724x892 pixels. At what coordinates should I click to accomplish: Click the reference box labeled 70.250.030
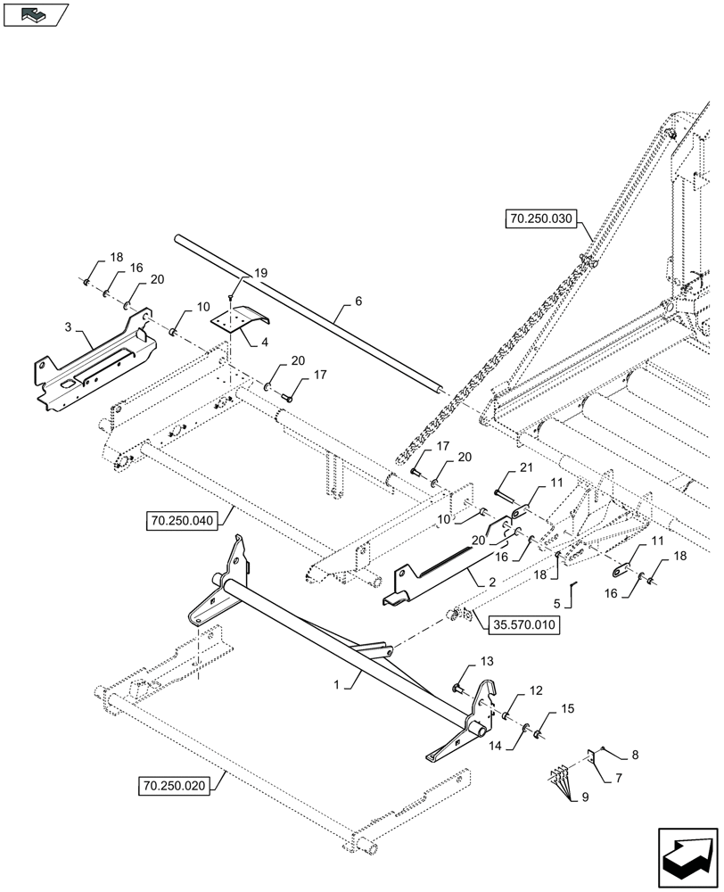[x=542, y=219]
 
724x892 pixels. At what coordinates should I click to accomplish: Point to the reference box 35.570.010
[x=524, y=625]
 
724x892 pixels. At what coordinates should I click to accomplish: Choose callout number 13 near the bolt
[x=485, y=661]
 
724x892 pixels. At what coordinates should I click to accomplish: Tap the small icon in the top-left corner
[x=36, y=15]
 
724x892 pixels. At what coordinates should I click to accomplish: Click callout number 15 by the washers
[x=567, y=709]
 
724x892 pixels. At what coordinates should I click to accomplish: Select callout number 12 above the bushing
[x=536, y=691]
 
